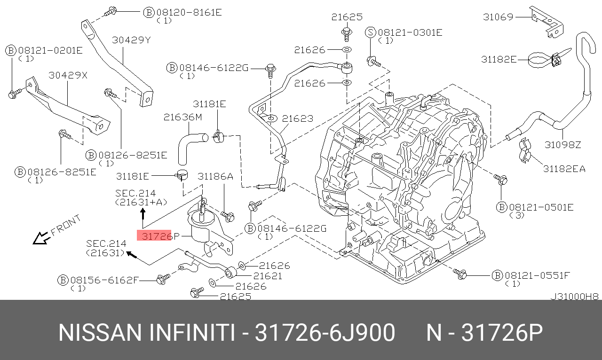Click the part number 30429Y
point(131,40)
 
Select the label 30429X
point(68,75)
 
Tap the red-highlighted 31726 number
point(154,235)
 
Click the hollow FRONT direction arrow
point(40,238)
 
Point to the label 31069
point(498,17)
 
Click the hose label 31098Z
point(563,145)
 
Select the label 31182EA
point(564,169)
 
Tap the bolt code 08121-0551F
point(537,275)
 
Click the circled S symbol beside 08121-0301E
point(371,32)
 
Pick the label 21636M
point(183,117)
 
